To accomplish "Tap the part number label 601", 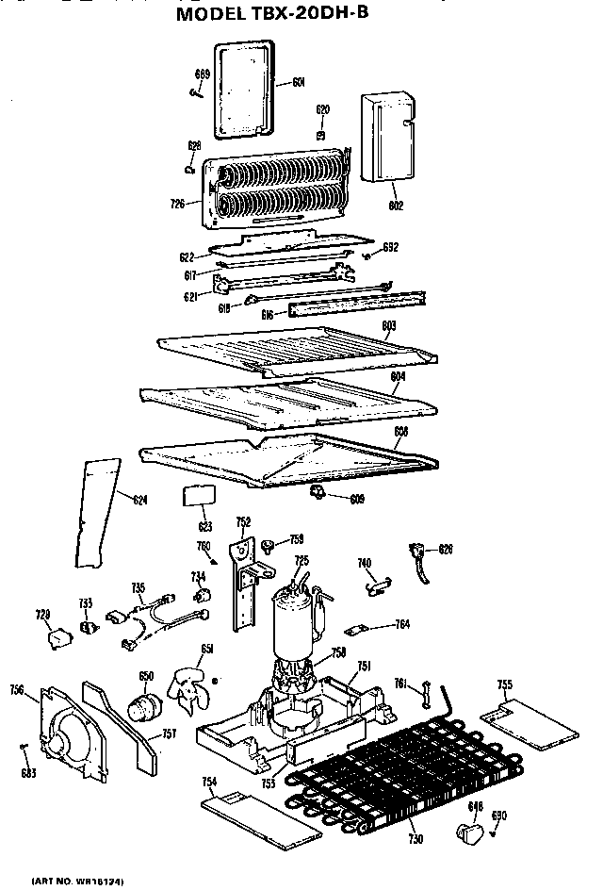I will pyautogui.click(x=298, y=82).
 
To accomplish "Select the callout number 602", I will pyautogui.click(x=396, y=205).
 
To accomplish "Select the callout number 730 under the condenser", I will pyautogui.click(x=415, y=838).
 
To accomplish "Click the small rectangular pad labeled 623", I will pyautogui.click(x=198, y=496).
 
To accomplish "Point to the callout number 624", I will pyautogui.click(x=139, y=500).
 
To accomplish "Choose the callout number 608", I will pyautogui.click(x=400, y=432).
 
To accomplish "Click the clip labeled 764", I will pyautogui.click(x=354, y=627).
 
